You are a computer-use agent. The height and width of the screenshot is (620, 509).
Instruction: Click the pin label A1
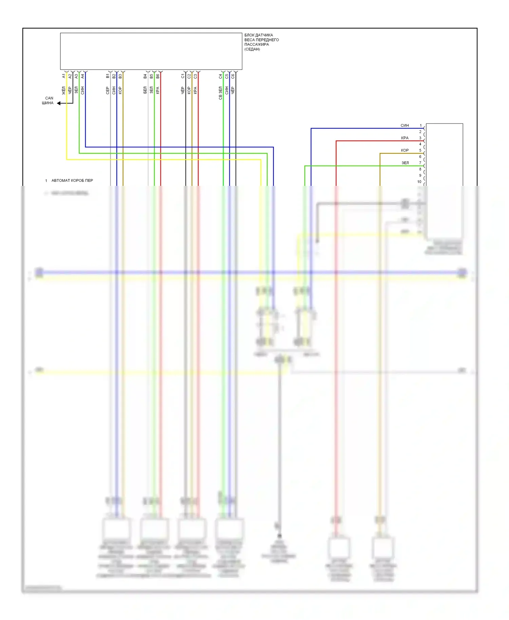[63, 76]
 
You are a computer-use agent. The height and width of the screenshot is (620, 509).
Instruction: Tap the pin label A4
[82, 76]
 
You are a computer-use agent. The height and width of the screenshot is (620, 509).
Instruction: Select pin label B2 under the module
[114, 76]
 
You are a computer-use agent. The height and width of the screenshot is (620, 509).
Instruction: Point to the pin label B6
[158, 76]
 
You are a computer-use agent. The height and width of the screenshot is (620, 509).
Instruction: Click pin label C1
[183, 76]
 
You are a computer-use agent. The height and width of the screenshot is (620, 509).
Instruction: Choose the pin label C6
[233, 76]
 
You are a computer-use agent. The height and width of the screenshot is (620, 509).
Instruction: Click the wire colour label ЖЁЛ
[63, 90]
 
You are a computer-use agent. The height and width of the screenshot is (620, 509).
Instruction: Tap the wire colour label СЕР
[108, 90]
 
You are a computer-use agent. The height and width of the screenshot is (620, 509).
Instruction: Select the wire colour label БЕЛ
[145, 90]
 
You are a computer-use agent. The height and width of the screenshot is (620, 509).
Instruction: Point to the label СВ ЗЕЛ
[221, 93]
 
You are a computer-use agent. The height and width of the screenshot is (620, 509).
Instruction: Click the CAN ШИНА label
[48, 100]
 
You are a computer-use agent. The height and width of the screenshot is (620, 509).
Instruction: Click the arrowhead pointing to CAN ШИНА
[59, 103]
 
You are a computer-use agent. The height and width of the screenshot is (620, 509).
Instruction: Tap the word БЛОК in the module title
[249, 35]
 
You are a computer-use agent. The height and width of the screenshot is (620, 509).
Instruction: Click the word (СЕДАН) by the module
[252, 49]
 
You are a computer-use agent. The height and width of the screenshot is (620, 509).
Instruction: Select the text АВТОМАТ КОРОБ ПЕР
[72, 180]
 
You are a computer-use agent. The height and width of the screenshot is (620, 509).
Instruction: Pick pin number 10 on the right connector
[419, 182]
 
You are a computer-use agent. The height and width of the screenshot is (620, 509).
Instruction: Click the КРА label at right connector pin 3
[405, 138]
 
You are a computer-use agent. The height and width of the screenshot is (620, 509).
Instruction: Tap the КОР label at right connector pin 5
[405, 150]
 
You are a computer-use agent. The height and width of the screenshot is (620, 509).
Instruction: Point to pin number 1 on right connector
[421, 125]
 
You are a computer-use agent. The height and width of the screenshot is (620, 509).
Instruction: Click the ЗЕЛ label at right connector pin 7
[405, 163]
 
